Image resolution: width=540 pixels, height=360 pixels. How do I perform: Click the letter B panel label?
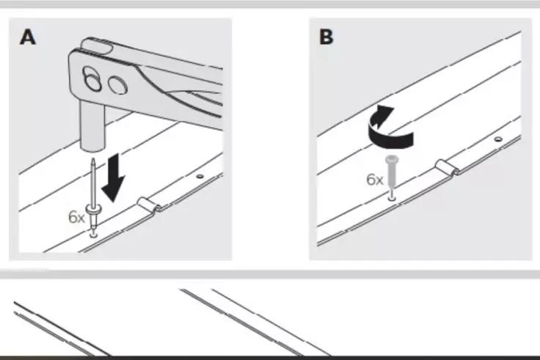click(326, 37)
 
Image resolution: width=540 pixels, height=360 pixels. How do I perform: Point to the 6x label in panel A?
click(77, 217)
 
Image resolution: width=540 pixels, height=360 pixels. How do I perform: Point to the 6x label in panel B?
click(375, 179)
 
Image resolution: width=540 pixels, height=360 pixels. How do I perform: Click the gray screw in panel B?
click(392, 173)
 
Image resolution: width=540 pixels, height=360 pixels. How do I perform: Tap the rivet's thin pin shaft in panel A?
click(92, 183)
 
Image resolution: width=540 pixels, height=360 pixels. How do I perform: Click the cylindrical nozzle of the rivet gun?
click(90, 125)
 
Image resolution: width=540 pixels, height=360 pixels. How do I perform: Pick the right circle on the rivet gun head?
click(116, 87)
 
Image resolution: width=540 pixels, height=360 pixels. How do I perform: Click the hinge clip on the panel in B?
click(445, 168)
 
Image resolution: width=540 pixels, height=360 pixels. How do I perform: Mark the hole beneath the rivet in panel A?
click(94, 234)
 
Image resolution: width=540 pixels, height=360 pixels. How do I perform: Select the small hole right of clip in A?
click(200, 176)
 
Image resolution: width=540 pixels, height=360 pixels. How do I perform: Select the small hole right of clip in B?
click(497, 139)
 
